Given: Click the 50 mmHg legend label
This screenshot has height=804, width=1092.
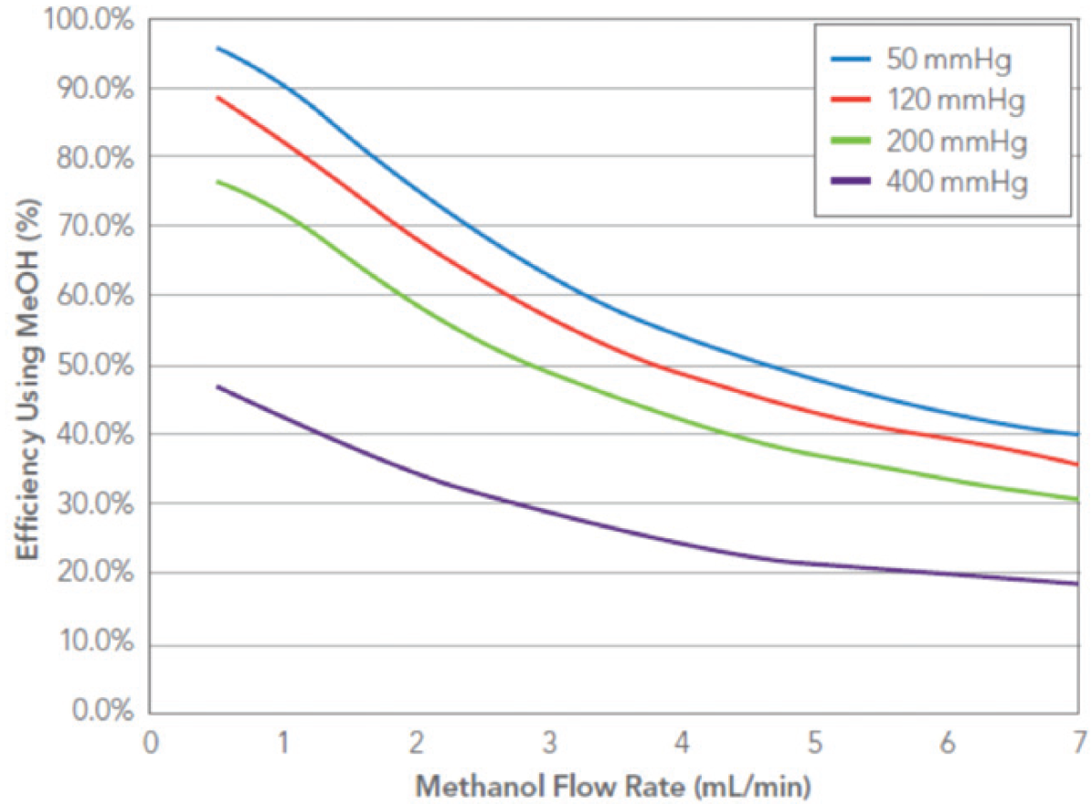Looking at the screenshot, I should point(951,60).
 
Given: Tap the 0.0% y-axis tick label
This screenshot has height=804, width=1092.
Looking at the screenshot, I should point(104,713).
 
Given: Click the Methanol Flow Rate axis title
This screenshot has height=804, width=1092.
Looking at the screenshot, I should point(615,784).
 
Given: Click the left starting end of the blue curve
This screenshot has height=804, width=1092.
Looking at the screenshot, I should point(217,48).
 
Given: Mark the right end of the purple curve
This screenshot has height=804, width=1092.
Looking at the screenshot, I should point(1078,584).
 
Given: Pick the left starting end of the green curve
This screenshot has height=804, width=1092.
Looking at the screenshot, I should point(217,181).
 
